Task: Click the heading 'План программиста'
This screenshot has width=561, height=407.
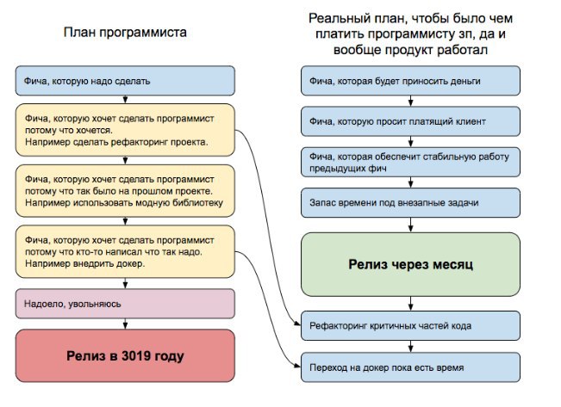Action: click(125, 33)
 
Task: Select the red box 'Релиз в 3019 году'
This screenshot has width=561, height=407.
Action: click(125, 355)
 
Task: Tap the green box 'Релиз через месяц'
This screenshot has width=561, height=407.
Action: click(410, 264)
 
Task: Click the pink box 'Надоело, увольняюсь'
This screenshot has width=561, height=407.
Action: click(125, 304)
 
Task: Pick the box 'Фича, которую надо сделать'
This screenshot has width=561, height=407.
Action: click(125, 81)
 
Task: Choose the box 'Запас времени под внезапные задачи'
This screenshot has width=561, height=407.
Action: click(410, 202)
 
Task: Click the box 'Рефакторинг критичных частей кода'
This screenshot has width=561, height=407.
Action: click(410, 325)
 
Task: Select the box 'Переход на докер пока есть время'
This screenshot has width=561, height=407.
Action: click(410, 367)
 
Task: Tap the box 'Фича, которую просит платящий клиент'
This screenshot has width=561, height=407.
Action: click(410, 121)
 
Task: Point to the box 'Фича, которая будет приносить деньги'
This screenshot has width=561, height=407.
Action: click(410, 81)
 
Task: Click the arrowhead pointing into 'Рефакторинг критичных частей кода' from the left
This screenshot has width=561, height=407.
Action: click(297, 324)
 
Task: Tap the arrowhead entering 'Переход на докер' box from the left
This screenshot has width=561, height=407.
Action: click(297, 365)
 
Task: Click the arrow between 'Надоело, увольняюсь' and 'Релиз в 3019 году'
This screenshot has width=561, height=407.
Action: click(125, 324)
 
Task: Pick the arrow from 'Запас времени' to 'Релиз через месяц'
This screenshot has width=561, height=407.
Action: click(411, 225)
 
